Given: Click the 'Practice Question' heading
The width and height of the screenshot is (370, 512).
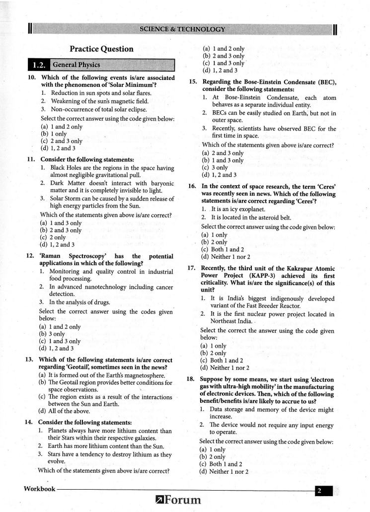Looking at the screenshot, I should coord(101,49).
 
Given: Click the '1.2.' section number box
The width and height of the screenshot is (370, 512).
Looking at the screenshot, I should coord(39,65).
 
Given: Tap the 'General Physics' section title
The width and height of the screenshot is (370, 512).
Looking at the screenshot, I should coord(76,65).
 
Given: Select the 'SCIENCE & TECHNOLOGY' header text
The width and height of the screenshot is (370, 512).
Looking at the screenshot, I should coord(182,29).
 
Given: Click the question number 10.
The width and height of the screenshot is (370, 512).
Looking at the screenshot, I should coord(31,78).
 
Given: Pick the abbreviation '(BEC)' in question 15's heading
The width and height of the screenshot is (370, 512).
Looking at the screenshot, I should coord(325,82).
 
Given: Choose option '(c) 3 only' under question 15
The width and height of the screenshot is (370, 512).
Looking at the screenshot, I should coord(215,167).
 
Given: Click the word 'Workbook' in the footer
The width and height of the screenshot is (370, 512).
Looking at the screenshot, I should coord(40,489).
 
